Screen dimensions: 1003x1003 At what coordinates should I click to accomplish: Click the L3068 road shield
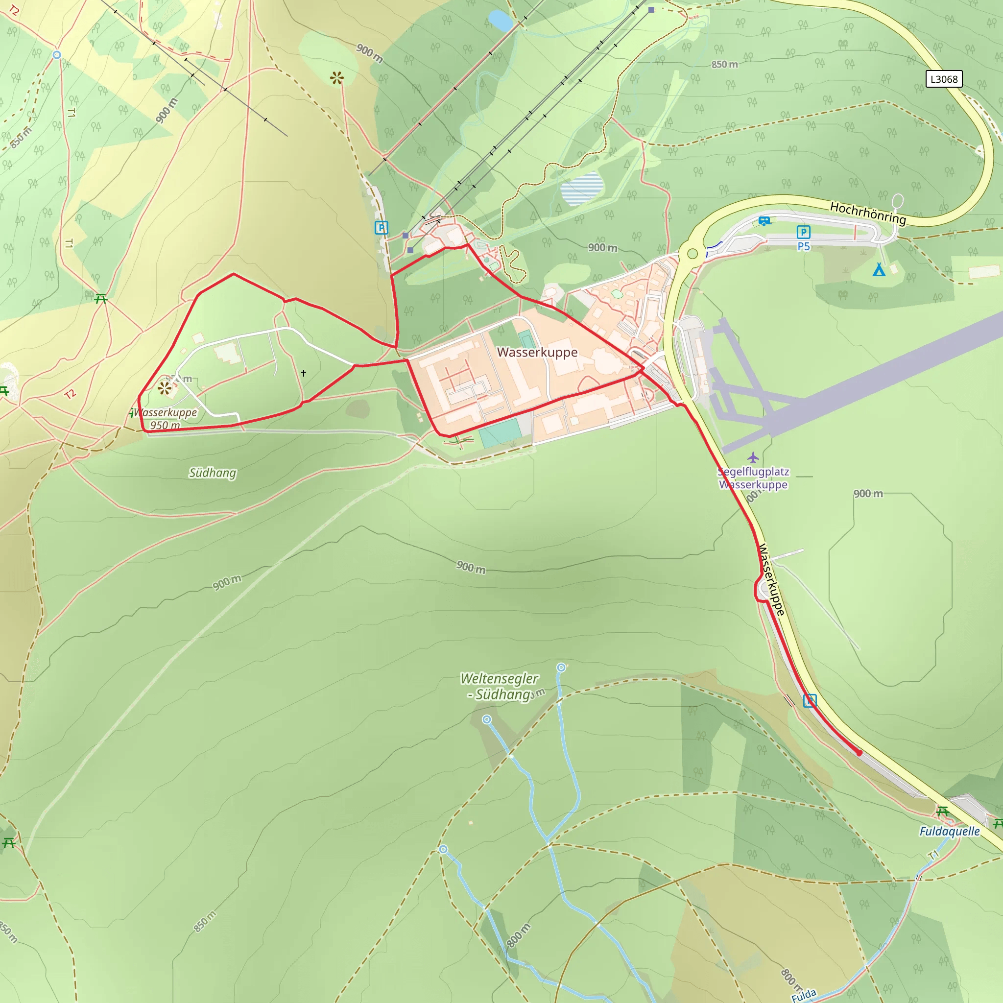tap(944, 79)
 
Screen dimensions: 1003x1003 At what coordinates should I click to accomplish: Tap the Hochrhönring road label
tap(867, 213)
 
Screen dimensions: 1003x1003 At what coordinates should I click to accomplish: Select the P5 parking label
tap(804, 247)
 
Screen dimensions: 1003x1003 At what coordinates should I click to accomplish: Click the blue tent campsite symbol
tap(879, 269)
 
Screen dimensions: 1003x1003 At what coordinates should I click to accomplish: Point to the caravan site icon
tap(764, 221)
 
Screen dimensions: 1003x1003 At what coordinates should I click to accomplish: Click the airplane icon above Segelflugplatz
tap(753, 457)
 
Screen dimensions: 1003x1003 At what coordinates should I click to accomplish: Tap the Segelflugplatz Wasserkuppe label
tap(753, 478)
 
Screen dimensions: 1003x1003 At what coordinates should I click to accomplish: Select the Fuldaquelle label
tap(950, 831)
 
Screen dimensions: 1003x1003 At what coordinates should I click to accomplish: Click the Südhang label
tap(213, 473)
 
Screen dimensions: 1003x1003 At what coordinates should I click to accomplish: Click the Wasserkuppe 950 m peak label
tap(166, 419)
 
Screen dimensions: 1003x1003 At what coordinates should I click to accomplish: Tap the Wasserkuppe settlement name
tap(537, 352)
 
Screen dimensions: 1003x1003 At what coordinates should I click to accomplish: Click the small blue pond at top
tap(501, 20)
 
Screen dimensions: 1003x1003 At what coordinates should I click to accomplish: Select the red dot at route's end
tap(859, 753)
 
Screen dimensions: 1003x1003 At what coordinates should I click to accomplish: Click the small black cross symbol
tap(304, 373)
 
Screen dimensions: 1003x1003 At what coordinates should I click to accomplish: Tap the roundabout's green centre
tap(692, 253)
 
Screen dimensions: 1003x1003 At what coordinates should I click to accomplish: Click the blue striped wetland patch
tap(582, 189)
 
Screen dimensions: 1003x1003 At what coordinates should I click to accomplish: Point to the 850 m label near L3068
tap(724, 64)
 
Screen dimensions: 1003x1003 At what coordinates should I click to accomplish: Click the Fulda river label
tap(804, 994)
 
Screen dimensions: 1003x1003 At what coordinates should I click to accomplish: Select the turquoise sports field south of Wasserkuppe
tap(501, 433)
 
